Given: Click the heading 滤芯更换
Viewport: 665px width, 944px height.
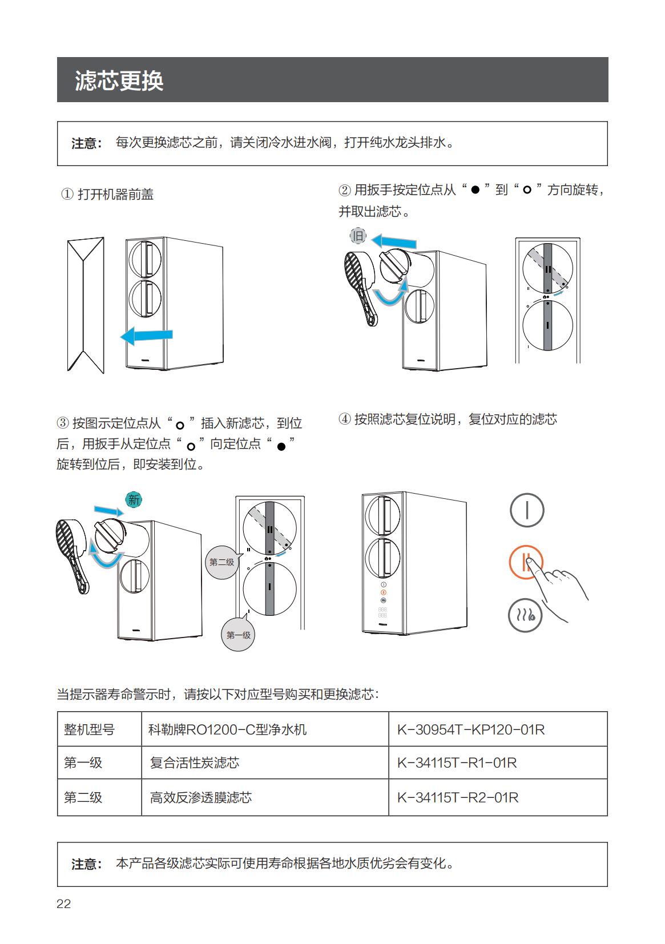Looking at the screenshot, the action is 119,80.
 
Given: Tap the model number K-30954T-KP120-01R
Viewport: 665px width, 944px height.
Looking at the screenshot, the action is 471,729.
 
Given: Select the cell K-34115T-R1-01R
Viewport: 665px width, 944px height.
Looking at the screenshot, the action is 457,763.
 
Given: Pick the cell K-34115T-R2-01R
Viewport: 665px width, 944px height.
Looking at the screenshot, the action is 458,797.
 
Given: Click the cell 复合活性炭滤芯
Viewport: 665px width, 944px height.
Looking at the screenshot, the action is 195,763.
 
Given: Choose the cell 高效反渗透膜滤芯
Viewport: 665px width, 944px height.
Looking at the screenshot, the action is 201,797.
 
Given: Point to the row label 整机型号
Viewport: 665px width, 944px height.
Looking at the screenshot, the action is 89,729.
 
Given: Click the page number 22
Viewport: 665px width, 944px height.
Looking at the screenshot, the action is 64,903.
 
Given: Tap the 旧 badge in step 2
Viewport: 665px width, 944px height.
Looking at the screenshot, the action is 358,235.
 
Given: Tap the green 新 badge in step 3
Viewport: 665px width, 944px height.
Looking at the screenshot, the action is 134,499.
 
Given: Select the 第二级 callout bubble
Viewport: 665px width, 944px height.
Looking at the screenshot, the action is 221,562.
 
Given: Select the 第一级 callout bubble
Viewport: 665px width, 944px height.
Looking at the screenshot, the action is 238,635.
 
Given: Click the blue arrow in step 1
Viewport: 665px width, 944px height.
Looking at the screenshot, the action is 147,336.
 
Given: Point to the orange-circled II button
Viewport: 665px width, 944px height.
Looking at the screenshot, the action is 526,562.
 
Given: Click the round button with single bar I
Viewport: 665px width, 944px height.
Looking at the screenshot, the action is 527,510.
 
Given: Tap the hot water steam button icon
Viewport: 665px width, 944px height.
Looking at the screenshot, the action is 525,615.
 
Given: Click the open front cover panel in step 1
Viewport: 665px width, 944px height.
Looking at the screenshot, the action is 86,305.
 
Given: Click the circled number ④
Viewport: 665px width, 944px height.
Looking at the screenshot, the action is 345,419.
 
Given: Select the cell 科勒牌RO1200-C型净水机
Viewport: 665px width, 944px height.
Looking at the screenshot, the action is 228,729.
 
